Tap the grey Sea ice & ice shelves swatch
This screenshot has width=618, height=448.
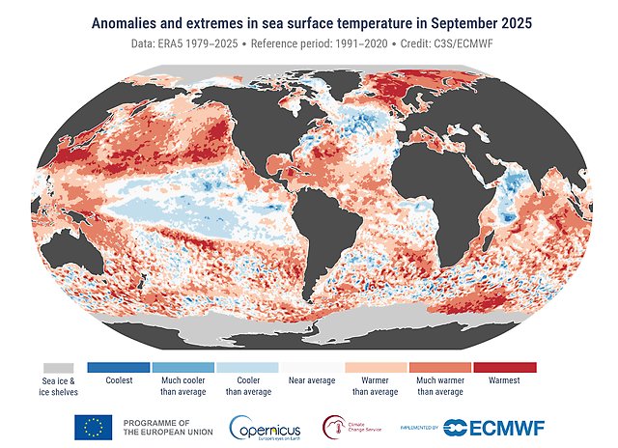pyautogui.click(x=58, y=368)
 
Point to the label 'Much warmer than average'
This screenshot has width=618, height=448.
pyautogui.click(x=440, y=386)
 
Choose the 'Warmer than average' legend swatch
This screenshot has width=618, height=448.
pyautogui.click(x=376, y=368)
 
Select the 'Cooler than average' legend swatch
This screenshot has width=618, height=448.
pyautogui.click(x=247, y=368)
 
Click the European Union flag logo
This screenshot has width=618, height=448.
pyautogui.click(x=93, y=426)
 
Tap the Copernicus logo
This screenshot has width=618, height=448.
pyautogui.click(x=264, y=426)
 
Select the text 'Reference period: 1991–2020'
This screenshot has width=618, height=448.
pyautogui.click(x=307, y=45)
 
